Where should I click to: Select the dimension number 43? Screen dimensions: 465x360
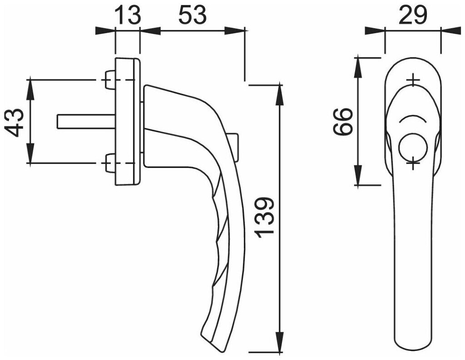14,122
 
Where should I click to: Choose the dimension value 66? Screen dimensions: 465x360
343,122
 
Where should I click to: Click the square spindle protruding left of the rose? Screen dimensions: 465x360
86,122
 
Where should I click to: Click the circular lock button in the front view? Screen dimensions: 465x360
412,148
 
